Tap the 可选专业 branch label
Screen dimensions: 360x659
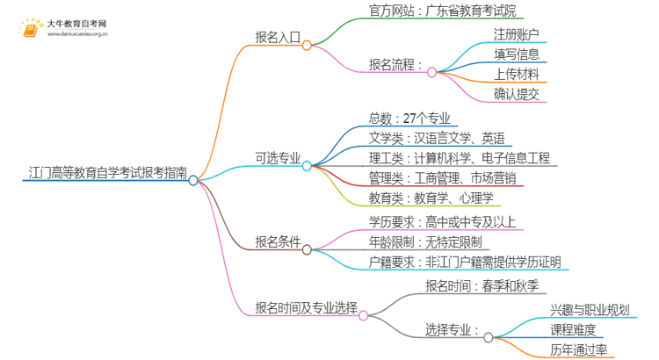click(x=278, y=159)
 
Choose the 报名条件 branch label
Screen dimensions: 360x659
click(x=278, y=241)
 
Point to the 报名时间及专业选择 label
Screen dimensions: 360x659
click(x=306, y=308)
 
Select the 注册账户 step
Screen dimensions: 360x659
click(x=517, y=34)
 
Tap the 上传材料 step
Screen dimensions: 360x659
click(x=517, y=74)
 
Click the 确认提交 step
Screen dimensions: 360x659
click(x=517, y=94)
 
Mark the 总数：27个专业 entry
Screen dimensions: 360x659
click(x=410, y=119)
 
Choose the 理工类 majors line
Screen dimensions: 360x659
click(x=459, y=158)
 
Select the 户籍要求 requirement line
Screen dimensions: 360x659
click(x=465, y=261)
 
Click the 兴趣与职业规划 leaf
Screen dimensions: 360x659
click(x=590, y=309)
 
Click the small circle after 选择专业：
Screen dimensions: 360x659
click(x=489, y=336)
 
